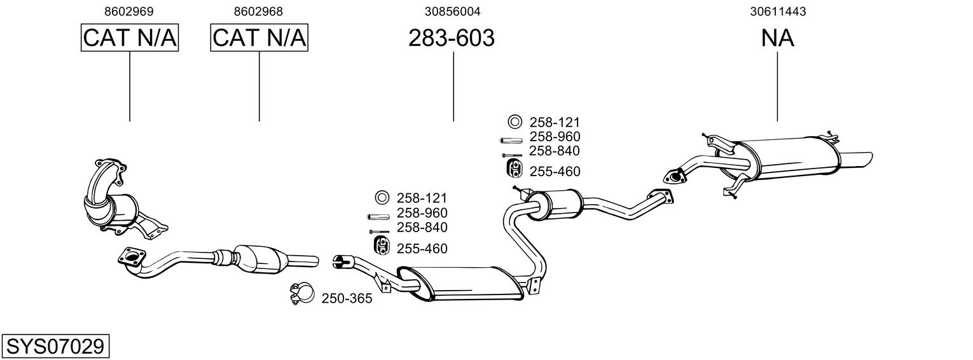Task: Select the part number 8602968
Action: [x=258, y=11]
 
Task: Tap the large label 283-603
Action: [x=452, y=38]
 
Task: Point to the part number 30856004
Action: [x=453, y=11]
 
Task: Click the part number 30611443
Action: [x=778, y=11]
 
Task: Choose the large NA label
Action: [x=778, y=38]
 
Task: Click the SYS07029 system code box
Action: [x=55, y=347]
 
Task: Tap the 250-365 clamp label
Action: [x=347, y=299]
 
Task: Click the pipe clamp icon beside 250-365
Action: [x=301, y=294]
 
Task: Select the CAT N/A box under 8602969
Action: [x=130, y=38]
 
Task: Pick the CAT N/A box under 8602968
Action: [x=259, y=38]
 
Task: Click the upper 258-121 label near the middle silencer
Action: [x=555, y=123]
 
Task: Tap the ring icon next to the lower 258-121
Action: [x=382, y=198]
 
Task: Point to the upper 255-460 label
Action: [x=555, y=172]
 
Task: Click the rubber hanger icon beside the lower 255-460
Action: [x=381, y=246]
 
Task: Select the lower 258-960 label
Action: [x=422, y=213]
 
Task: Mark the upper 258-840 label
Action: [x=555, y=151]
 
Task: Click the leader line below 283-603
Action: [x=453, y=87]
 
